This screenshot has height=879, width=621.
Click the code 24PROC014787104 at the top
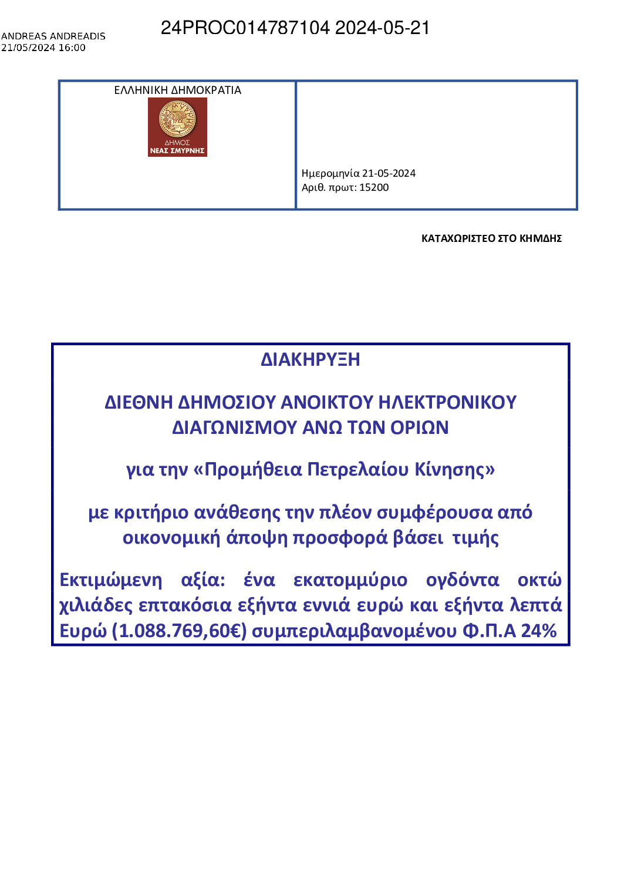point(245,28)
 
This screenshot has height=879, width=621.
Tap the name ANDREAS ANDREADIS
point(53,36)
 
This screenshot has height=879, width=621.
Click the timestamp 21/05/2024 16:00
point(43,48)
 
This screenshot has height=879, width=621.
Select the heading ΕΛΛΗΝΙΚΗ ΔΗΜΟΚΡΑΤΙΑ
point(177,90)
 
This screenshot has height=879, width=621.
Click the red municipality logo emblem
point(177,127)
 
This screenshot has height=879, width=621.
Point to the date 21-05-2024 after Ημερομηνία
point(389,173)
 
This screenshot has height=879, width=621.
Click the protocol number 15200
point(374,188)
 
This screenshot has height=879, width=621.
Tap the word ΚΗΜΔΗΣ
point(541,238)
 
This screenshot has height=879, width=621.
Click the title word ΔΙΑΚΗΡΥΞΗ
point(310,359)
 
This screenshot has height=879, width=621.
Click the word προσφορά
point(340,538)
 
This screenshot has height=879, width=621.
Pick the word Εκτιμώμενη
point(111,580)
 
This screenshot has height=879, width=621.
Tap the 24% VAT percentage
point(539,631)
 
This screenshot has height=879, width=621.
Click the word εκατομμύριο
point(350,580)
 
